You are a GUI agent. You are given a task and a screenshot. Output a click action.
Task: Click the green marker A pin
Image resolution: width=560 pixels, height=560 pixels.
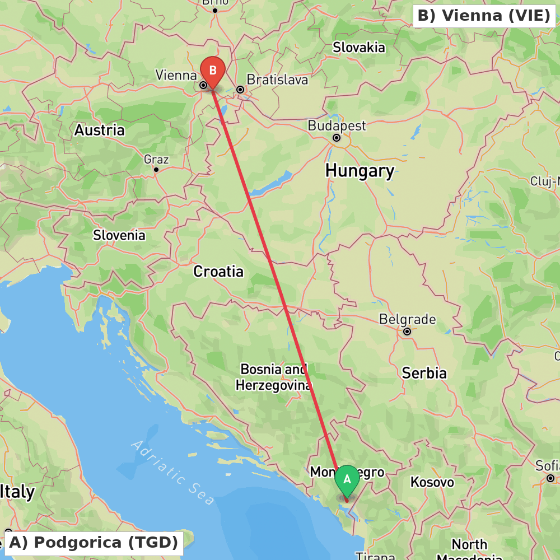tap(347, 480)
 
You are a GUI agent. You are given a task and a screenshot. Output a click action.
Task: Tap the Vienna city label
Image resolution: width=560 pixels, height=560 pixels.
tap(176, 75)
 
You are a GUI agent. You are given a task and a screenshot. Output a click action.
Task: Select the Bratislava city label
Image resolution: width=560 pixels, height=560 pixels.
tap(277, 80)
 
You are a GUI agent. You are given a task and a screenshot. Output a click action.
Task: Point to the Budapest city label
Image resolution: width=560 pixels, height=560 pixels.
tap(337, 125)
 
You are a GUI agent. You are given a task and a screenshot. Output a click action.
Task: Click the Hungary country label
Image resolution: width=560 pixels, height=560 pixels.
tap(360, 170)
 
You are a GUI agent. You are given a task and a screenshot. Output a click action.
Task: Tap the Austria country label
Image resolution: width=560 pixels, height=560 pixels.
tap(100, 130)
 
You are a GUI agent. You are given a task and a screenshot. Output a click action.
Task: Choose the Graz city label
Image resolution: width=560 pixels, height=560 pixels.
tap(156, 160)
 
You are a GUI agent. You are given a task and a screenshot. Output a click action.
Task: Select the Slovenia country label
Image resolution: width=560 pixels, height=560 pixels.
tap(119, 235)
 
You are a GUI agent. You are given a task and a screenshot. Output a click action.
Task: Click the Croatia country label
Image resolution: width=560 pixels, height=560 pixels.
tap(218, 272)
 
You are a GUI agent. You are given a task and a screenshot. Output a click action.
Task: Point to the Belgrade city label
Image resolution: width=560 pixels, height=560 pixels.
tap(407, 319)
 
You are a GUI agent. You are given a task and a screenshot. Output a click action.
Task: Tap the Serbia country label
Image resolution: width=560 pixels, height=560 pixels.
tap(424, 373)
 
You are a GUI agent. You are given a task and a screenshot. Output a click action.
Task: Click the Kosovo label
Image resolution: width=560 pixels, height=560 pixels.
tap(432, 482)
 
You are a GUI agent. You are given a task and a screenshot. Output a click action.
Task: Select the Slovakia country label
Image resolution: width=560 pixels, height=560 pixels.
tap(359, 48)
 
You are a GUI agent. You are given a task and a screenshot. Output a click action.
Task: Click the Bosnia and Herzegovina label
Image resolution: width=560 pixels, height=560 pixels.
tap(273, 377)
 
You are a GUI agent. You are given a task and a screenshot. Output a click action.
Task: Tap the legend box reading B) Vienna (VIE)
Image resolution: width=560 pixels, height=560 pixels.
tap(484, 16)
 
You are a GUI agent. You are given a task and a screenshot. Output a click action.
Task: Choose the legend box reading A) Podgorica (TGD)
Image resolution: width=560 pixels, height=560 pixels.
tap(94, 543)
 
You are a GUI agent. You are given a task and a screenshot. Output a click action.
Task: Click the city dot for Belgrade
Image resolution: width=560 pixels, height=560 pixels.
tap(407, 332)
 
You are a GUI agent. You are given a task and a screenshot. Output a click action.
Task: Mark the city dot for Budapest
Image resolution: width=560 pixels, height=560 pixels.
tap(337, 138)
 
